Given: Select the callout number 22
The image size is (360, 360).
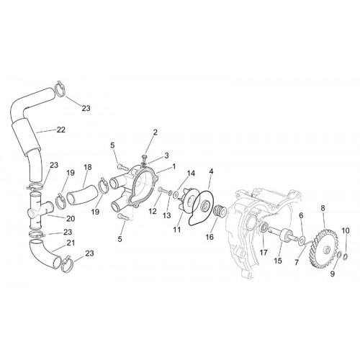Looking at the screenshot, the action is [61, 130].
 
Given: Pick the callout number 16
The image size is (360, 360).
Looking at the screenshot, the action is [210, 237].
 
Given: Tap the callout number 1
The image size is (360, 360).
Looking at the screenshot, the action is [174, 166].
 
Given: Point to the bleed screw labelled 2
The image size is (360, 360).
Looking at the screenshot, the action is [145, 157].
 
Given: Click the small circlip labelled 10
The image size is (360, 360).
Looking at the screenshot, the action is [346, 256].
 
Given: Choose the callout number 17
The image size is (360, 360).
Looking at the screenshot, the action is [264, 253].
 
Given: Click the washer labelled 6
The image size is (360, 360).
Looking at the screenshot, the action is [302, 240].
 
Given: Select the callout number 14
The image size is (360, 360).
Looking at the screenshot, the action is [192, 173].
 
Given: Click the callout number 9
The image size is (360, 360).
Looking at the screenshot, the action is [333, 274].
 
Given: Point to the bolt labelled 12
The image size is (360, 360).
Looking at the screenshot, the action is [162, 190].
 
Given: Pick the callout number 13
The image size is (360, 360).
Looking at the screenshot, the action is [166, 215].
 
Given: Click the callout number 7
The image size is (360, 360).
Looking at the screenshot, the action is [297, 263].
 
